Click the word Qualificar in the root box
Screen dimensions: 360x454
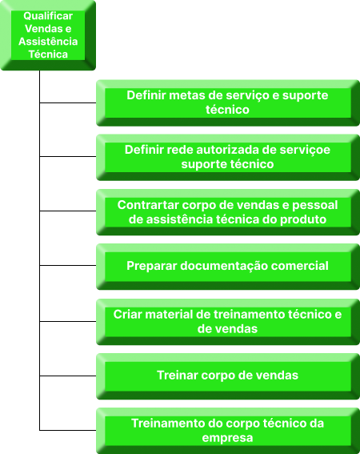pos(48,16)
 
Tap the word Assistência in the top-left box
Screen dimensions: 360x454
pos(48,42)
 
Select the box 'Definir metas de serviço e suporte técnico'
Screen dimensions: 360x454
pos(228,102)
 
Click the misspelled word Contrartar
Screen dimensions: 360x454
pos(148,205)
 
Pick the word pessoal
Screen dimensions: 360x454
pos(315,205)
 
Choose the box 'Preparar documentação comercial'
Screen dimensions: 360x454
pos(228,267)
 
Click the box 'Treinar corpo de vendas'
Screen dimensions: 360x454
pos(228,376)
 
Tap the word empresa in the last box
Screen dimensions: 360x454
pos(227,438)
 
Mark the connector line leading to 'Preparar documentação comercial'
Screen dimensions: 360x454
pos(68,265)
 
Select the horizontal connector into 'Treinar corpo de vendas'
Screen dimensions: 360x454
pos(68,376)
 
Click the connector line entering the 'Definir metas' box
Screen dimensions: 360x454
pos(68,102)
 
